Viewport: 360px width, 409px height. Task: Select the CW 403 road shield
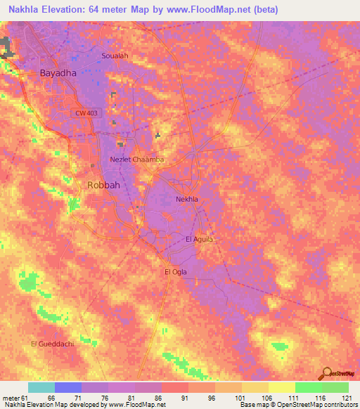pos(85,112)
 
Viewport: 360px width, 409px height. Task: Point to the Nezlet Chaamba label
pos(137,160)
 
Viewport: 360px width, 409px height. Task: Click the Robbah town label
pos(103,185)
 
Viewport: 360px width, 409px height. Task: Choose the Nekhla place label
pos(186,199)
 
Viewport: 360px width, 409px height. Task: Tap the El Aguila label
pos(199,239)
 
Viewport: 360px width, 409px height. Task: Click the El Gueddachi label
pos(51,343)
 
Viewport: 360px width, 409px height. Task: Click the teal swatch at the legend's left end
pos(41,387)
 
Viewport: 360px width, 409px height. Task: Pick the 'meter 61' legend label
pos(15,398)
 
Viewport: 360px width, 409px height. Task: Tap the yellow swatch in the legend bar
pos(282,387)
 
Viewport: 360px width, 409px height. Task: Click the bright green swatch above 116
pos(309,387)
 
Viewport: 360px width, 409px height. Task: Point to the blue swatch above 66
pos(68,387)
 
